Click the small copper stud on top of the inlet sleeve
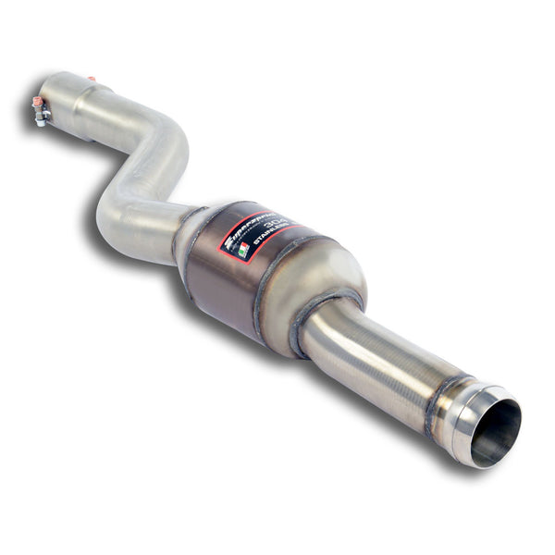point(92,80)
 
